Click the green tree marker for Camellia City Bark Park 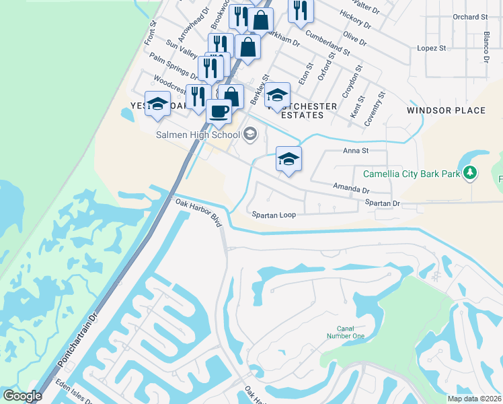click(470, 173)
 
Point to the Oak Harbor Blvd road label click(198, 211)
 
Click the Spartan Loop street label click(274, 215)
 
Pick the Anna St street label click(357, 151)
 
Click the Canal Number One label click(346, 332)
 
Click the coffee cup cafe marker click(219, 110)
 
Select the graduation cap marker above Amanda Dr click(288, 159)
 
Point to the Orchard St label click(470, 17)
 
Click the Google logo click(22, 396)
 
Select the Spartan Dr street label click(383, 203)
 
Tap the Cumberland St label click(327, 42)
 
